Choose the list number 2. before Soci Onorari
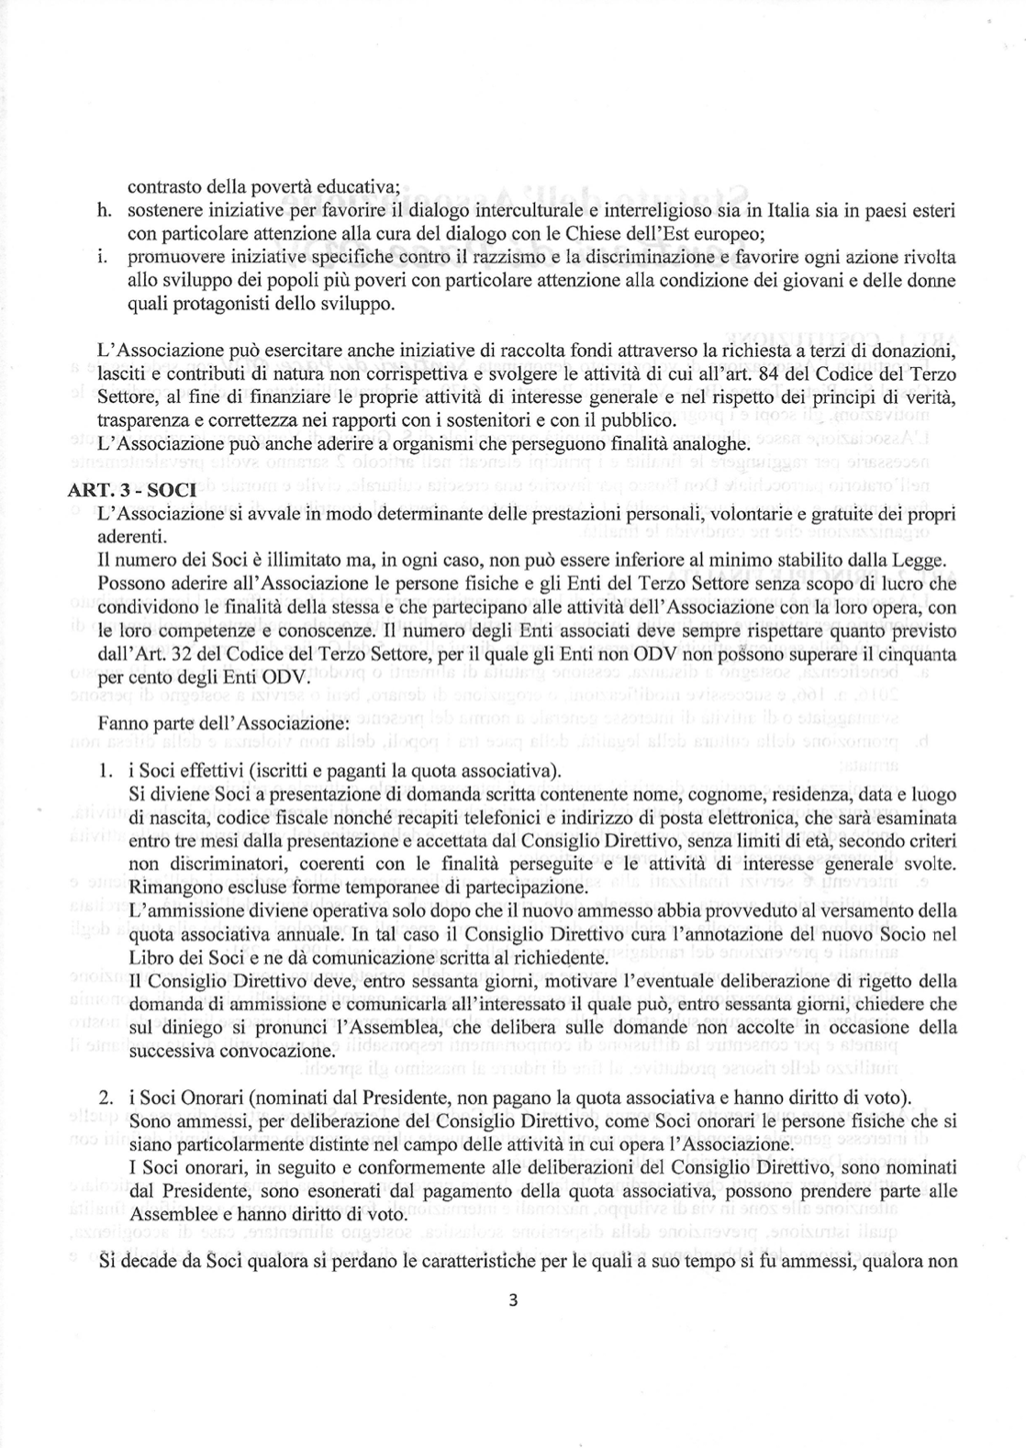click(106, 1098)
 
